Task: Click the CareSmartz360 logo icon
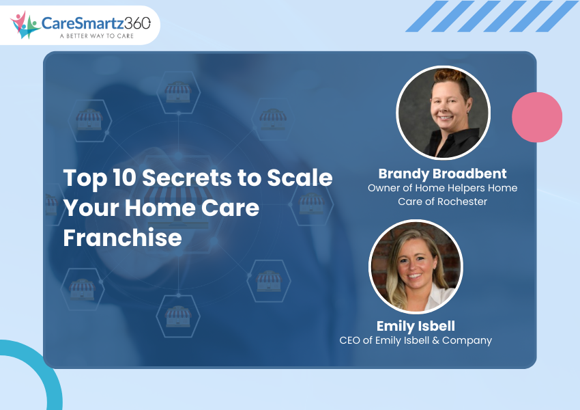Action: pos(25,25)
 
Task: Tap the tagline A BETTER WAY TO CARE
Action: pos(96,36)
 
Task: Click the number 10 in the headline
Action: pos(124,178)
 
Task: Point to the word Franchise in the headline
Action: pos(122,237)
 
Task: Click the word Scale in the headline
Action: pos(300,178)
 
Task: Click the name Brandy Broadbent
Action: pos(442,174)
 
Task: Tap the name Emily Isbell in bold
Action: pos(416,326)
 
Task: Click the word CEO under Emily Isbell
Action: pos(349,340)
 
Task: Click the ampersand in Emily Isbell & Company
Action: pos(435,340)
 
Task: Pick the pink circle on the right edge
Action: pos(537,117)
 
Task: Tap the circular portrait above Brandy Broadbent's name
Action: pos(443,113)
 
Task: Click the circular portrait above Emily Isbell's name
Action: pos(416,266)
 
